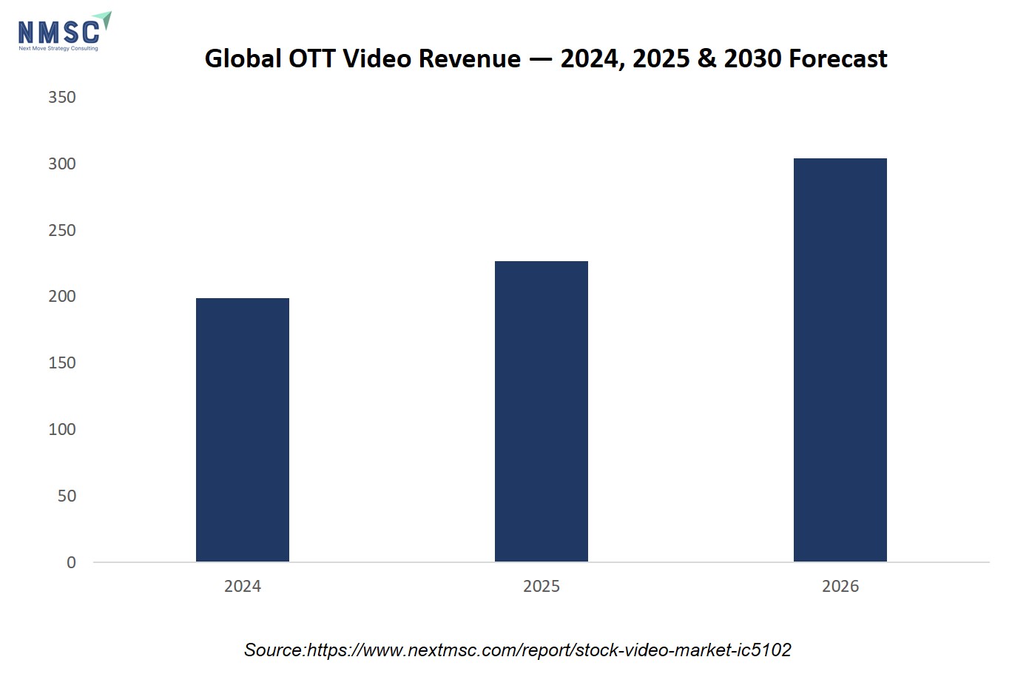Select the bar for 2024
coord(243,429)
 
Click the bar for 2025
coord(542,411)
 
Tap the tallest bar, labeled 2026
coord(840,360)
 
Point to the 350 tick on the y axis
coord(62,97)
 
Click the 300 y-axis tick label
coord(62,164)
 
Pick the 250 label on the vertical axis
coord(62,230)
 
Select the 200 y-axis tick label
coord(62,296)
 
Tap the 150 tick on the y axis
coord(62,363)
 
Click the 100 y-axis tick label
coord(62,429)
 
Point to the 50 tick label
coord(67,496)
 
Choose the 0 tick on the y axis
coord(71,562)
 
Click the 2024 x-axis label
coord(243,586)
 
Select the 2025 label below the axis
coord(542,586)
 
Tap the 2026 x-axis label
coord(840,586)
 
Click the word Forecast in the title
coord(838,58)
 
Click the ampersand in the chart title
coord(707,58)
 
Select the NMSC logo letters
coord(58,33)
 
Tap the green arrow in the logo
coord(104,20)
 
